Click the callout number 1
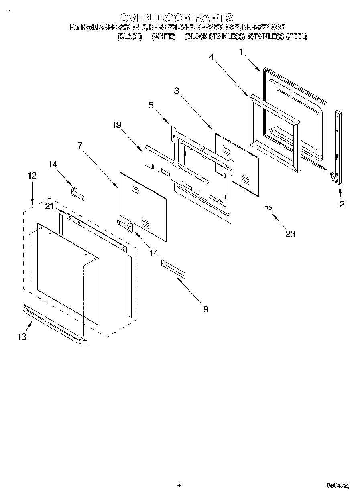[241, 51]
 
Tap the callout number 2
[342, 204]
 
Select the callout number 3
[177, 91]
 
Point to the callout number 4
[211, 57]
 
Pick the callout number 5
[151, 105]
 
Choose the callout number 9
[205, 309]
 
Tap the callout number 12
[32, 175]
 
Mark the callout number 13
[22, 337]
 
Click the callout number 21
[49, 206]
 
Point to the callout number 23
[290, 234]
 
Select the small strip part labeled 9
[174, 268]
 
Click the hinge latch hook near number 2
[333, 176]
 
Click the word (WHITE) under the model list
[163, 37]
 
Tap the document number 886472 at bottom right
[336, 486]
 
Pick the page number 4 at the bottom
[179, 485]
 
